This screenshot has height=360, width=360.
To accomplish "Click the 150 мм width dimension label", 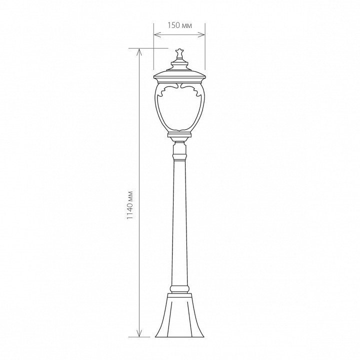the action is [x=179, y=25].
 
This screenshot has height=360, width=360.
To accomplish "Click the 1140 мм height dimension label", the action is [x=130, y=205].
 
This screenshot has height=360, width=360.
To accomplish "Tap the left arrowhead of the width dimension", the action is [x=156, y=34].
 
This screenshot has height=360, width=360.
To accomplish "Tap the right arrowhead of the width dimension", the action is [x=202, y=34].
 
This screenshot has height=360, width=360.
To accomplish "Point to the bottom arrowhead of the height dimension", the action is [x=139, y=333].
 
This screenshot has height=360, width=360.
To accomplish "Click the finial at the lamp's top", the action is [x=179, y=54].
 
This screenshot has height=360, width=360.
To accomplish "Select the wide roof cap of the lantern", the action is [x=180, y=76].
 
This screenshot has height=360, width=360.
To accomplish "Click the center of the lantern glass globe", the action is [x=179, y=108].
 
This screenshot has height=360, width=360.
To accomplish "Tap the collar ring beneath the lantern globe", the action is [x=179, y=135].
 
